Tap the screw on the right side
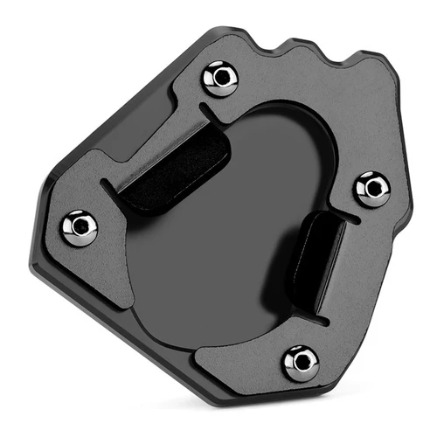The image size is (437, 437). coord(371,188)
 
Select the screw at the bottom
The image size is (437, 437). coord(302,362)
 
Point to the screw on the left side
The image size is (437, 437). coord(79,227)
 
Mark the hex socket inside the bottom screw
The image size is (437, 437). coord(302,362)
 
